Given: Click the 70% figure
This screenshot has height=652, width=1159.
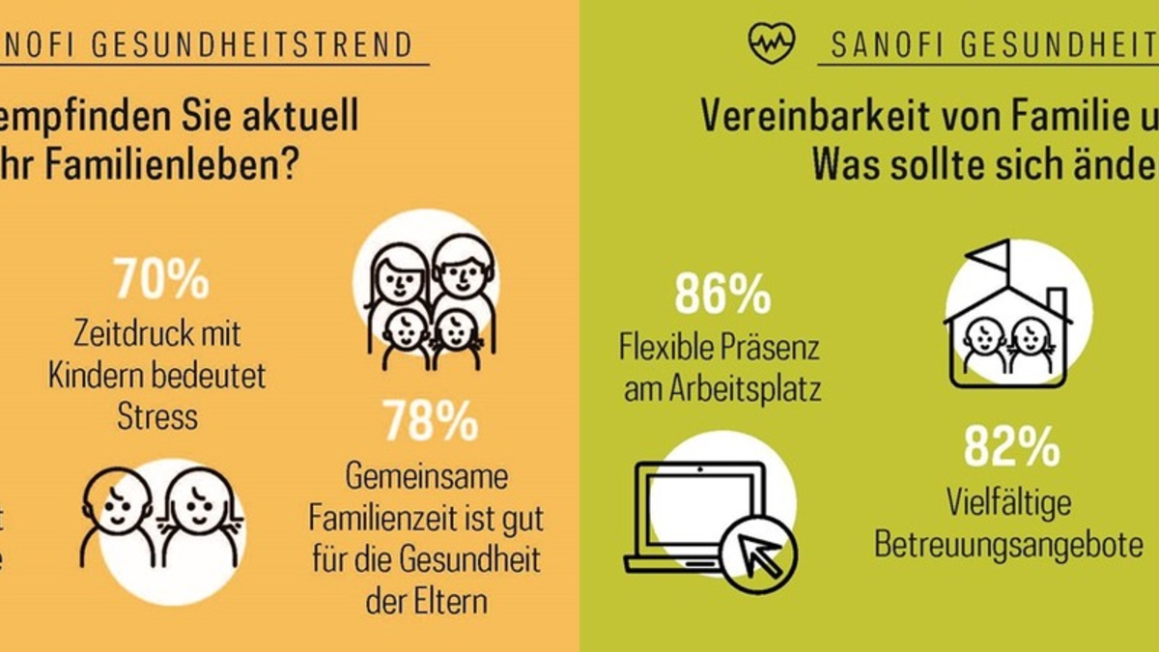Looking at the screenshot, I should (160, 279).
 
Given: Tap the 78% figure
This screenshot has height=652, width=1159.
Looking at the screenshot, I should (431, 421).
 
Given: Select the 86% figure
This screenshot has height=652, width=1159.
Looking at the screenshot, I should (722, 295).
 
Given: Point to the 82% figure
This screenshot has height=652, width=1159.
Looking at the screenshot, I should (1011, 447).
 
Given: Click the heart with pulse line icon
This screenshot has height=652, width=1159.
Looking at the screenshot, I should (772, 43).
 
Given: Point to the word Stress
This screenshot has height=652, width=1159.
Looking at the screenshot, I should (157, 416).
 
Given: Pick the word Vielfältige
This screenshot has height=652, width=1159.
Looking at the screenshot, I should (1009, 502).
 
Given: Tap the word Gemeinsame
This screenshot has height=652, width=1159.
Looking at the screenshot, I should (427, 477).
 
